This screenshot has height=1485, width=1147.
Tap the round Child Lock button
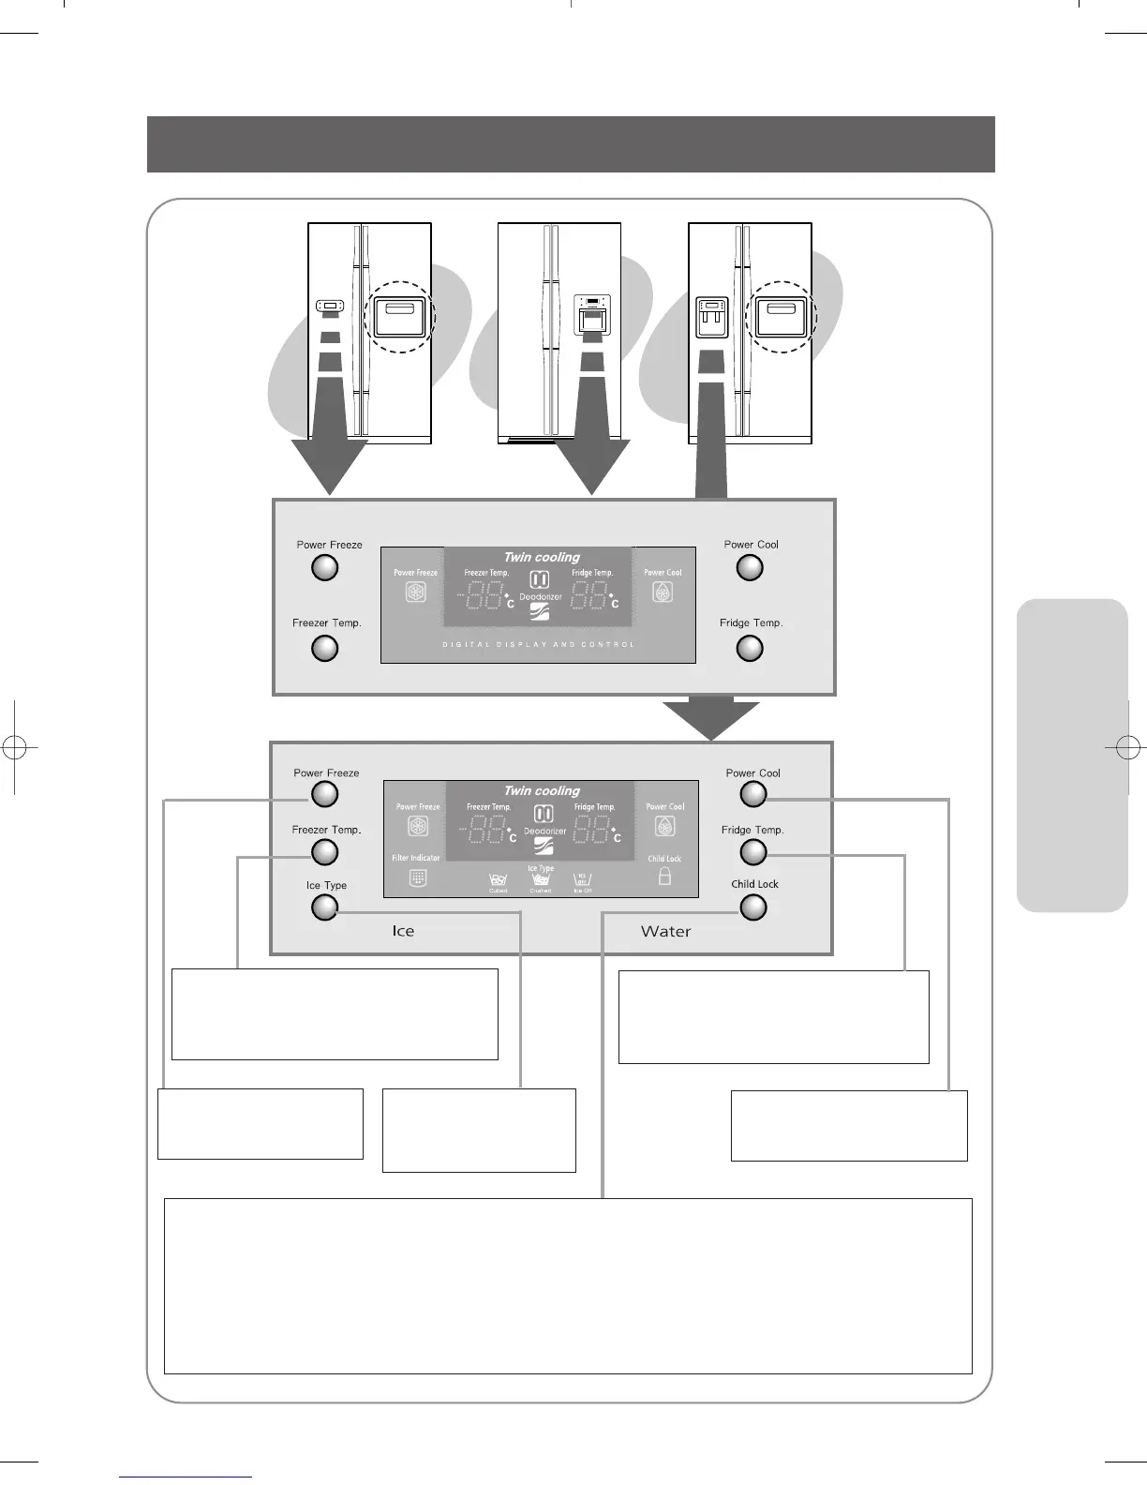coord(753,907)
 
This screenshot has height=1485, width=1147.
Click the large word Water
coord(665,931)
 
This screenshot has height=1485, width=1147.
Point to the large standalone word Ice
coord(403,931)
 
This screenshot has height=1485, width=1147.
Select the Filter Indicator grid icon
coord(418,878)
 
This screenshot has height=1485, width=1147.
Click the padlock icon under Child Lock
coord(664,877)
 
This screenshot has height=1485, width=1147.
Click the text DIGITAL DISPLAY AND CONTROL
coord(538,645)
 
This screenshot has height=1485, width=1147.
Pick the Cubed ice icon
coord(498,879)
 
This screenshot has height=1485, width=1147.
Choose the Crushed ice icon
coord(541,879)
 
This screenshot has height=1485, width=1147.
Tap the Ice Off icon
coord(583,879)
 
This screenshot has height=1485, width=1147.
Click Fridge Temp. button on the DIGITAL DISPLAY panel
coord(750,648)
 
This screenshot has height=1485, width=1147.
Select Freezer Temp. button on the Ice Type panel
coord(324,852)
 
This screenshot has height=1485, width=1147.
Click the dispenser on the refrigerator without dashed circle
coord(591,316)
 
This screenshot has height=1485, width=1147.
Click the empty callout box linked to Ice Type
coord(479,1130)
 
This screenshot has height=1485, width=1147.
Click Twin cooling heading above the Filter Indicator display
coord(542,791)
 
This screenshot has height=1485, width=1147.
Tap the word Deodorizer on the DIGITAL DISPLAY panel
coord(541,597)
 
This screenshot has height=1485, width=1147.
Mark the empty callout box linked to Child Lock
coord(568,1285)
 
